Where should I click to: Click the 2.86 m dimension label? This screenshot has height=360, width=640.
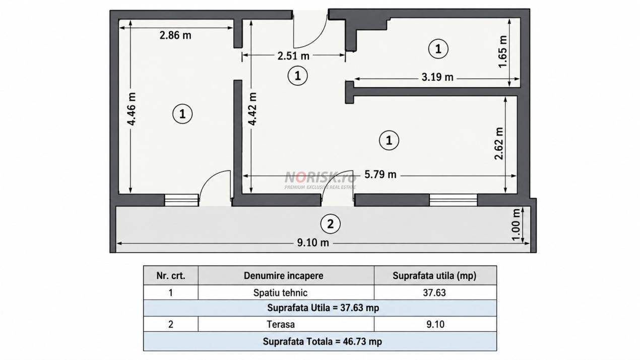click(175, 35)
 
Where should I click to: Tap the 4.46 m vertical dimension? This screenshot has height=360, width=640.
click(132, 109)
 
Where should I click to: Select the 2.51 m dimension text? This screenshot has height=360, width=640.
click(293, 56)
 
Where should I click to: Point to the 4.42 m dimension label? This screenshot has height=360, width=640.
click(252, 109)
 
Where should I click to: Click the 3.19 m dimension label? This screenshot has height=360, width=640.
click(437, 77)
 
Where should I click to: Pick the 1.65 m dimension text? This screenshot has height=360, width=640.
click(502, 52)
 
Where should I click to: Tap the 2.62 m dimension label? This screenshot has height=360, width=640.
click(499, 144)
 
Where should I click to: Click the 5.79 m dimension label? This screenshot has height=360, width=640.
click(380, 174)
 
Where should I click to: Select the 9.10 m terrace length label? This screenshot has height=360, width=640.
click(313, 243)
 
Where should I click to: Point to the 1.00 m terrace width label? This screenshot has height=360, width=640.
click(516, 225)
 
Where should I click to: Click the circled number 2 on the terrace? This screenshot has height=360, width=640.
click(330, 224)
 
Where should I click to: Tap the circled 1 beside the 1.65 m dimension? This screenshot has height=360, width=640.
click(438, 49)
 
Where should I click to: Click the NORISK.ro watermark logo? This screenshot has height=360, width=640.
click(321, 180)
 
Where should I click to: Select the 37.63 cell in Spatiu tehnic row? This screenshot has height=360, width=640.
click(434, 292)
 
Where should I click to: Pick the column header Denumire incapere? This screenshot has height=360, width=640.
click(283, 276)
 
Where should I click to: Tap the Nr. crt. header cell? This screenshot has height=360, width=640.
click(171, 276)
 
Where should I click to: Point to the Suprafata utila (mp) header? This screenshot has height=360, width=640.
click(434, 276)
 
